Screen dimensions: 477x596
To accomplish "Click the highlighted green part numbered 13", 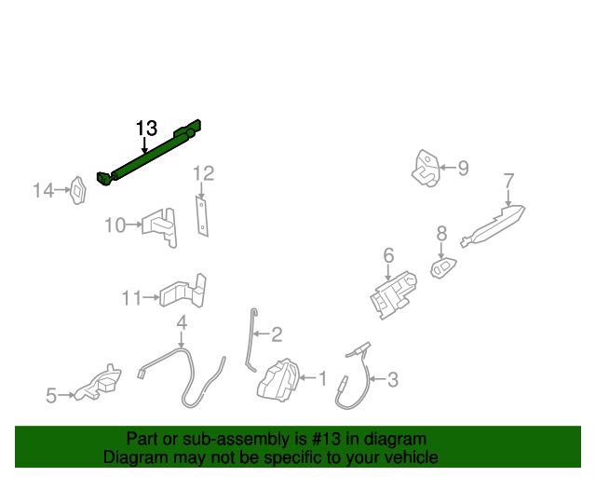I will coord(149,155).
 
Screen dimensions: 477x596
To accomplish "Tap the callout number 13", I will coord(147,128).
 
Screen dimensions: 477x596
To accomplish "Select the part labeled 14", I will coord(80,191).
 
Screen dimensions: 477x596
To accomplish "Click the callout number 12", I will coord(203,173).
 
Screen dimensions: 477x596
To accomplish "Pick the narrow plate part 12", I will coord(201,215).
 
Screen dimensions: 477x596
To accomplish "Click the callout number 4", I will coord(182,322).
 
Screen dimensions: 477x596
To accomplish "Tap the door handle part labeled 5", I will coord(100,383).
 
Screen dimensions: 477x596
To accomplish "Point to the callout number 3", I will coord(392,379).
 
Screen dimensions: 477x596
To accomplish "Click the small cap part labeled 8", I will coord(443,267).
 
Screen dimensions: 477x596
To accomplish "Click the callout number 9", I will coord(463,169).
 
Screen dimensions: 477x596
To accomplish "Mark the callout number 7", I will coord(508,180).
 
